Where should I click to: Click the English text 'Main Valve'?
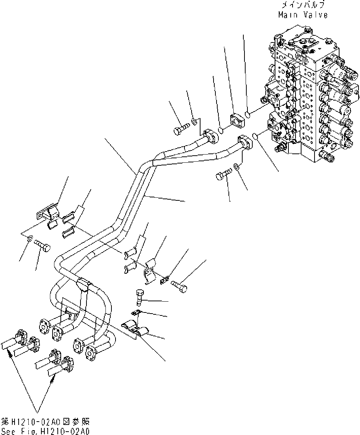coord(303,15)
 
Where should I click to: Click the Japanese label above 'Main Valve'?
coord(303,5)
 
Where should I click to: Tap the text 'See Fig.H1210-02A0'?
coord(45,431)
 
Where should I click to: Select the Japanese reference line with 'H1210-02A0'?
coord(45,422)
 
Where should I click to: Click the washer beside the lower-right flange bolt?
coord(237,166)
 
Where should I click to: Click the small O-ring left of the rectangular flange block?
coord(221,130)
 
